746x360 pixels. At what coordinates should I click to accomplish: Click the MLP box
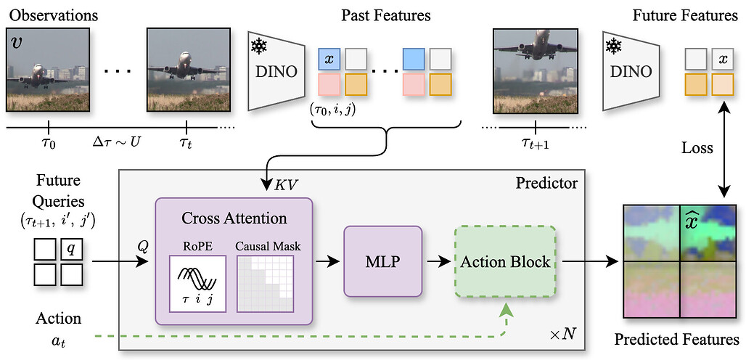(x=382, y=261)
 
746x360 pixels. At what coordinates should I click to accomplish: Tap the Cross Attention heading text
(x=233, y=218)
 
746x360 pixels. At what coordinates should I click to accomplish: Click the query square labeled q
(x=70, y=249)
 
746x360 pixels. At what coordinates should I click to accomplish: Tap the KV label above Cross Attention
(x=284, y=184)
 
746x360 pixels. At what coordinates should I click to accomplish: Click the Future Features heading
(x=686, y=15)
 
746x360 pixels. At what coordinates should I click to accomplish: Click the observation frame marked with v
(x=48, y=70)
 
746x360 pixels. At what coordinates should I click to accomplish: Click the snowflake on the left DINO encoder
(x=258, y=46)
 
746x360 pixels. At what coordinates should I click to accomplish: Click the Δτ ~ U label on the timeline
(x=117, y=139)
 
